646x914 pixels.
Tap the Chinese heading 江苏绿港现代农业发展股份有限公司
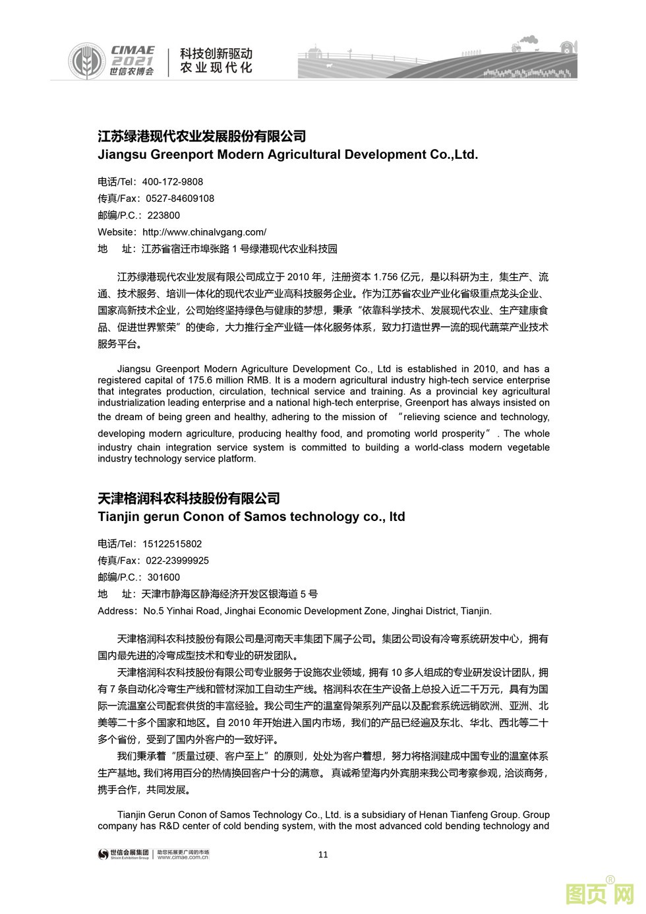pyautogui.click(x=202, y=137)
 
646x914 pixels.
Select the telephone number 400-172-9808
pyautogui.click(x=173, y=182)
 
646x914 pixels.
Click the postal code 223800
pyautogui.click(x=163, y=216)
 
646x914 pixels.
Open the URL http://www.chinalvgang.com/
pyautogui.click(x=204, y=232)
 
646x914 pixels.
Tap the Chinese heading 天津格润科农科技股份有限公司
pyautogui.click(x=189, y=499)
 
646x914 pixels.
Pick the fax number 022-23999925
pyautogui.click(x=177, y=561)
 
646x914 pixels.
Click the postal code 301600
pyautogui.click(x=163, y=578)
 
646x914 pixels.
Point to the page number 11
pyautogui.click(x=323, y=855)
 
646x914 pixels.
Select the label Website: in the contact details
pyautogui.click(x=117, y=232)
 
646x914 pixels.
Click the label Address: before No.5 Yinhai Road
pyautogui.click(x=117, y=611)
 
